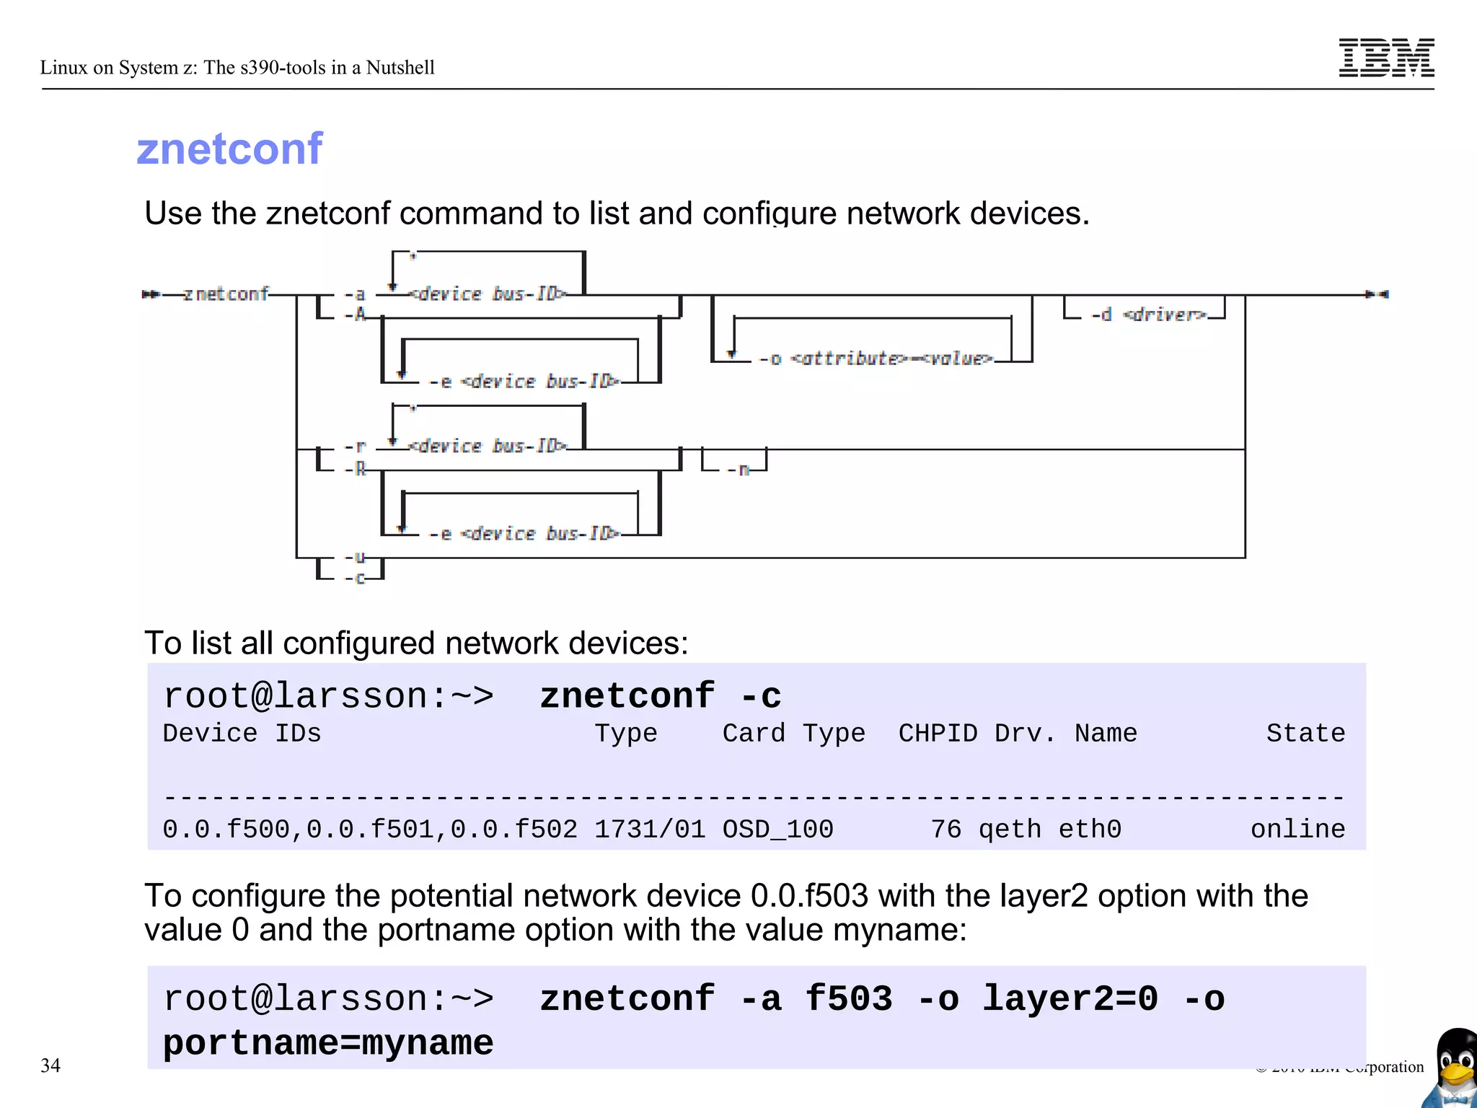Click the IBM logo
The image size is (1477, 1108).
pyautogui.click(x=1386, y=58)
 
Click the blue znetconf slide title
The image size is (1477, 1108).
pyautogui.click(x=229, y=149)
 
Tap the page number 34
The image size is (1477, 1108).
pyautogui.click(x=50, y=1065)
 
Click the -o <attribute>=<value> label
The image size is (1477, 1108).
pyautogui.click(x=876, y=359)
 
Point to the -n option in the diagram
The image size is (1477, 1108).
pyautogui.click(x=738, y=470)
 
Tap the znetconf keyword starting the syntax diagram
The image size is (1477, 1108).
pyautogui.click(x=226, y=294)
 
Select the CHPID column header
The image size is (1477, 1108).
pyautogui.click(x=938, y=734)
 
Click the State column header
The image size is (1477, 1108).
pyautogui.click(x=1305, y=734)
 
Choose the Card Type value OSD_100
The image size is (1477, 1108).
pyautogui.click(x=777, y=830)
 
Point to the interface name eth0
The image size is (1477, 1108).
pyautogui.click(x=1090, y=830)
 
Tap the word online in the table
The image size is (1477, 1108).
pyautogui.click(x=1297, y=830)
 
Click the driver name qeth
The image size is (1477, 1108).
pyautogui.click(x=1010, y=830)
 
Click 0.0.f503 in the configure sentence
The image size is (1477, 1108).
pyautogui.click(x=809, y=896)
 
